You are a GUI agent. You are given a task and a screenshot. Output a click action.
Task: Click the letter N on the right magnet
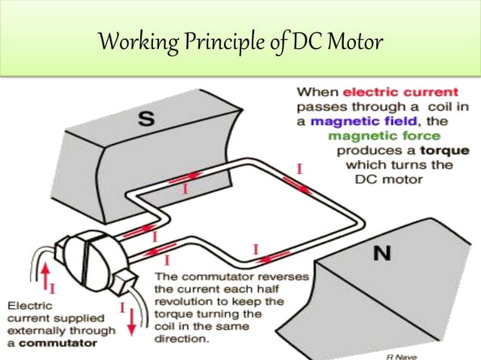(382, 255)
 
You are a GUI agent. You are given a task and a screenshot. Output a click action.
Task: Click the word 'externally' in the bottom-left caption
(35, 331)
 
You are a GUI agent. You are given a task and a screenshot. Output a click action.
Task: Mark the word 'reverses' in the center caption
(281, 276)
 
